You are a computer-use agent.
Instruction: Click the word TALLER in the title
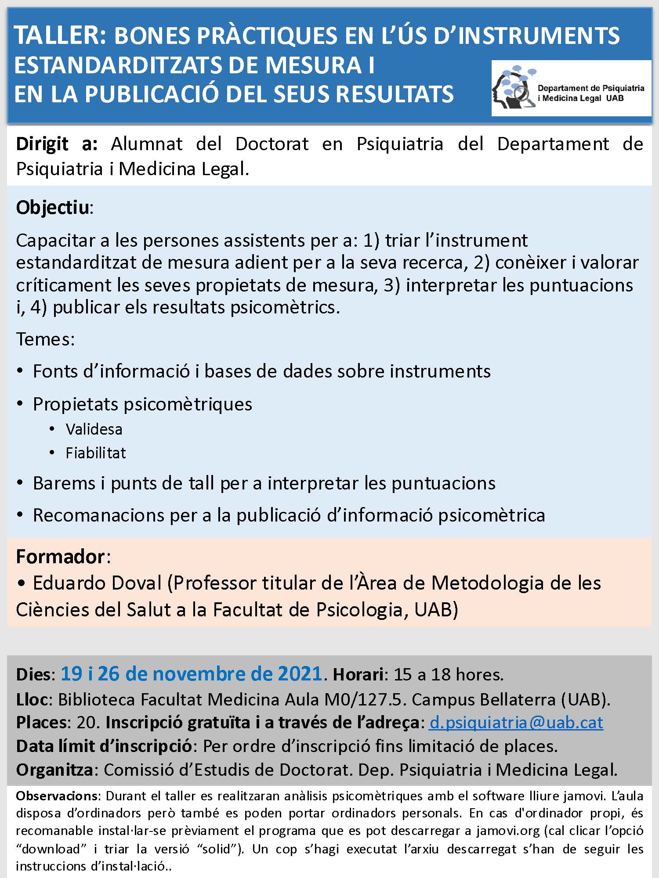pyautogui.click(x=60, y=36)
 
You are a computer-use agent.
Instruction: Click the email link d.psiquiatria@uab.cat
pyautogui.click(x=516, y=723)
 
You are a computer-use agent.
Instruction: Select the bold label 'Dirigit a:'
pyautogui.click(x=57, y=144)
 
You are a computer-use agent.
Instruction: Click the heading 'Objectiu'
pyautogui.click(x=53, y=207)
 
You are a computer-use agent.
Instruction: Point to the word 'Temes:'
pyautogui.click(x=45, y=339)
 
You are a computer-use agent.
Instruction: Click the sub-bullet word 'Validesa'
pyautogui.click(x=94, y=429)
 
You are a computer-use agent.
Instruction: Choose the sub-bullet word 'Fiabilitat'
pyautogui.click(x=96, y=453)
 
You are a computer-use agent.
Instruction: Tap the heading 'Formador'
pyautogui.click(x=61, y=556)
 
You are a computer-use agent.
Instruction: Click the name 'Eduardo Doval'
pyautogui.click(x=98, y=583)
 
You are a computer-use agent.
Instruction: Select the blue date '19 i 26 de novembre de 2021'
pyautogui.click(x=192, y=674)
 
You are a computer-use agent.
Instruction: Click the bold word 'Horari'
pyautogui.click(x=358, y=675)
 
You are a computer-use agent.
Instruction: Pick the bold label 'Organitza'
pyautogui.click(x=54, y=770)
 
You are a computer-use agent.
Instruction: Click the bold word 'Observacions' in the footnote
pyautogui.click(x=58, y=796)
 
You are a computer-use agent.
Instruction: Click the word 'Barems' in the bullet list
pyautogui.click(x=63, y=483)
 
